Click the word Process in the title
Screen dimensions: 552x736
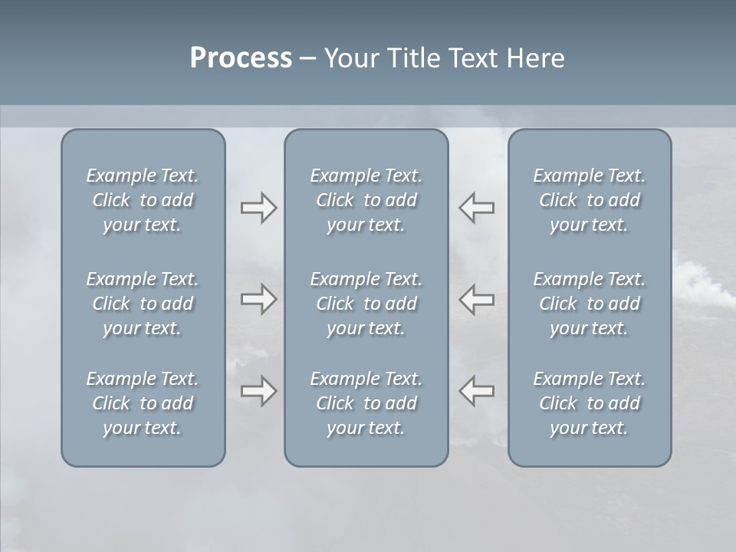click(x=241, y=58)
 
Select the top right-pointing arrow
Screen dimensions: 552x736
click(x=259, y=208)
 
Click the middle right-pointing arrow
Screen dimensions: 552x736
click(x=259, y=299)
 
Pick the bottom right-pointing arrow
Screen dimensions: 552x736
click(x=259, y=391)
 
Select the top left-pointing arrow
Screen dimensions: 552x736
click(x=477, y=208)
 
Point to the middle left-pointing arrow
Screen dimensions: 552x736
click(x=477, y=299)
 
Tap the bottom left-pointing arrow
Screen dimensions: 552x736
click(x=477, y=391)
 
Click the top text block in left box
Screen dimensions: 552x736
click(x=143, y=200)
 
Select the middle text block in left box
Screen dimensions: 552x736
click(x=143, y=304)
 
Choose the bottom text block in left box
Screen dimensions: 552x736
click(x=143, y=403)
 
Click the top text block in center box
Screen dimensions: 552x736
click(x=366, y=200)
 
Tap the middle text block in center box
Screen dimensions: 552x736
click(x=366, y=304)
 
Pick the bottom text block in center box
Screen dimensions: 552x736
click(x=366, y=403)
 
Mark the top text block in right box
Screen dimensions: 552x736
click(x=590, y=200)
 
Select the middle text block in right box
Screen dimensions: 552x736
click(x=590, y=304)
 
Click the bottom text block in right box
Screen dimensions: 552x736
click(x=590, y=403)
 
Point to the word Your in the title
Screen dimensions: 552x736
click(x=350, y=58)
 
